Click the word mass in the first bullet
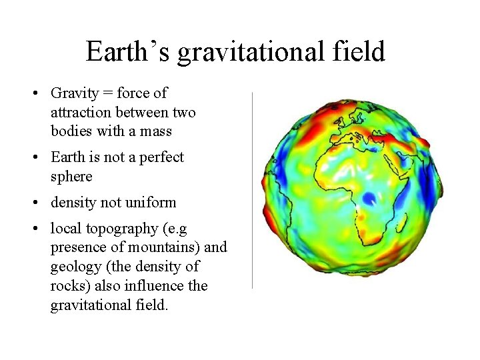pyautogui.click(x=156, y=131)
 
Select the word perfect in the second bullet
pyautogui.click(x=161, y=158)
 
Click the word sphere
pyautogui.click(x=71, y=177)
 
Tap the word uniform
pyautogui.click(x=151, y=203)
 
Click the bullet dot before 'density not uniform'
pyautogui.click(x=37, y=203)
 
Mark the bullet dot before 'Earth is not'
pyautogui.click(x=37, y=157)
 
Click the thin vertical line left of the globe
pyautogui.click(x=252, y=190)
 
